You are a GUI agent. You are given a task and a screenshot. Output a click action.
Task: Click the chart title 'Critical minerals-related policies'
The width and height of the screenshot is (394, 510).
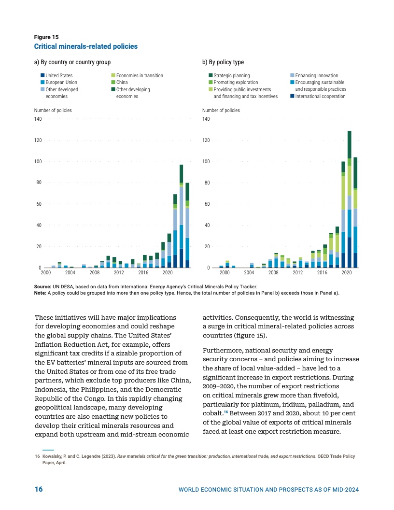[85, 46]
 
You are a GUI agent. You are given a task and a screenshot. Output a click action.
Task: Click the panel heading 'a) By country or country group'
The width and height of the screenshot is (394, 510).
[72, 62]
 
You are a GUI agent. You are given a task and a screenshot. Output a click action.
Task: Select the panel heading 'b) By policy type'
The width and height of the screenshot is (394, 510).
[223, 62]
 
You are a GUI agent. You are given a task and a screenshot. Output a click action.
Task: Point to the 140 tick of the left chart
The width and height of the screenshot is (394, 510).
[38, 119]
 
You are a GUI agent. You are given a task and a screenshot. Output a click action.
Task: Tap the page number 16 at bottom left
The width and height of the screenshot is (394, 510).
[39, 490]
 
